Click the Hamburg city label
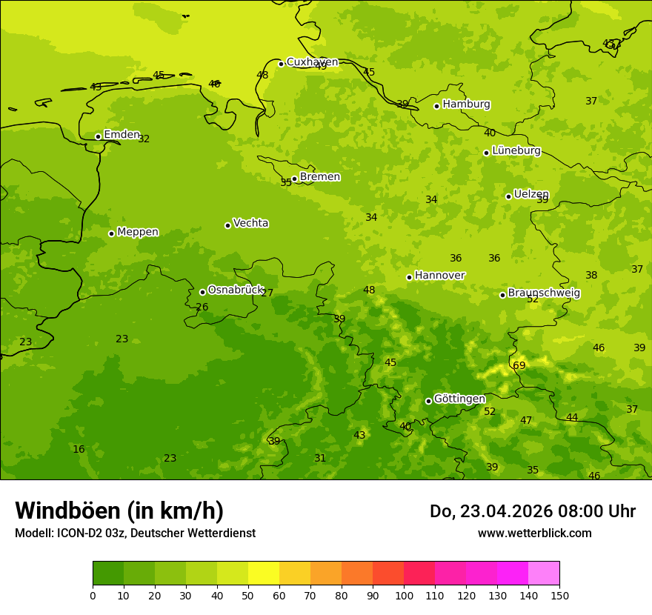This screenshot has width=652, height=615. coord(466,104)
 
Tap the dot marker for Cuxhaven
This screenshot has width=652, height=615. coord(281,64)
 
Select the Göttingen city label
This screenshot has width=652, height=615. coord(459,399)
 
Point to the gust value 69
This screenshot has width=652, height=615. coord(519,365)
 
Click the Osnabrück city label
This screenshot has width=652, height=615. coord(235,290)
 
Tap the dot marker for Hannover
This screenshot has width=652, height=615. coord(409,277)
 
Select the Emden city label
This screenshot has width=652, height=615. coord(122,135)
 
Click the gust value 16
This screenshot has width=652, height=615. coord(79,449)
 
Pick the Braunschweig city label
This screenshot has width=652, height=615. coord(544,293)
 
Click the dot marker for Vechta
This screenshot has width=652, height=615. coord(227,225)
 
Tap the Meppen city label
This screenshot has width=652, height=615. coord(138,232)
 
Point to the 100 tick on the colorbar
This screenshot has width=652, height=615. coord(404,595)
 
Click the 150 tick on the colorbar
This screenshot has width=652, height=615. coord(559,595)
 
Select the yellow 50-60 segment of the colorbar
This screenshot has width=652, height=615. coord(264,574)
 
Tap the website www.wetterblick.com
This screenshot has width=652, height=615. coord(534,533)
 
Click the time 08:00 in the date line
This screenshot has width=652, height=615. coord(568,511)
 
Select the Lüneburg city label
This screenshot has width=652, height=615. coord(516,150)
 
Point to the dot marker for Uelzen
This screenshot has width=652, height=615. coord(508,196)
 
